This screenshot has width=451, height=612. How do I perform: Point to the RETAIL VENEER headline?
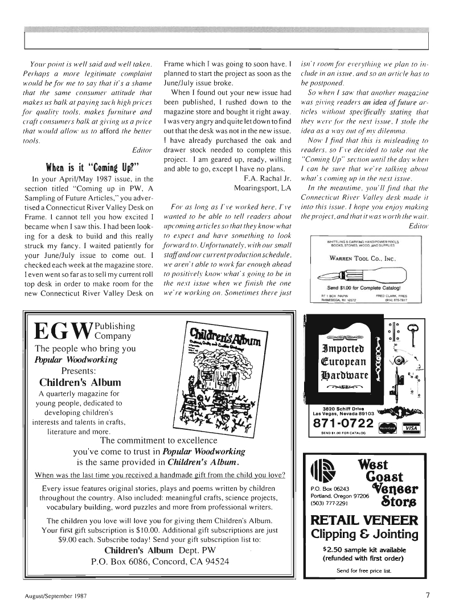click(x=364, y=521)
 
